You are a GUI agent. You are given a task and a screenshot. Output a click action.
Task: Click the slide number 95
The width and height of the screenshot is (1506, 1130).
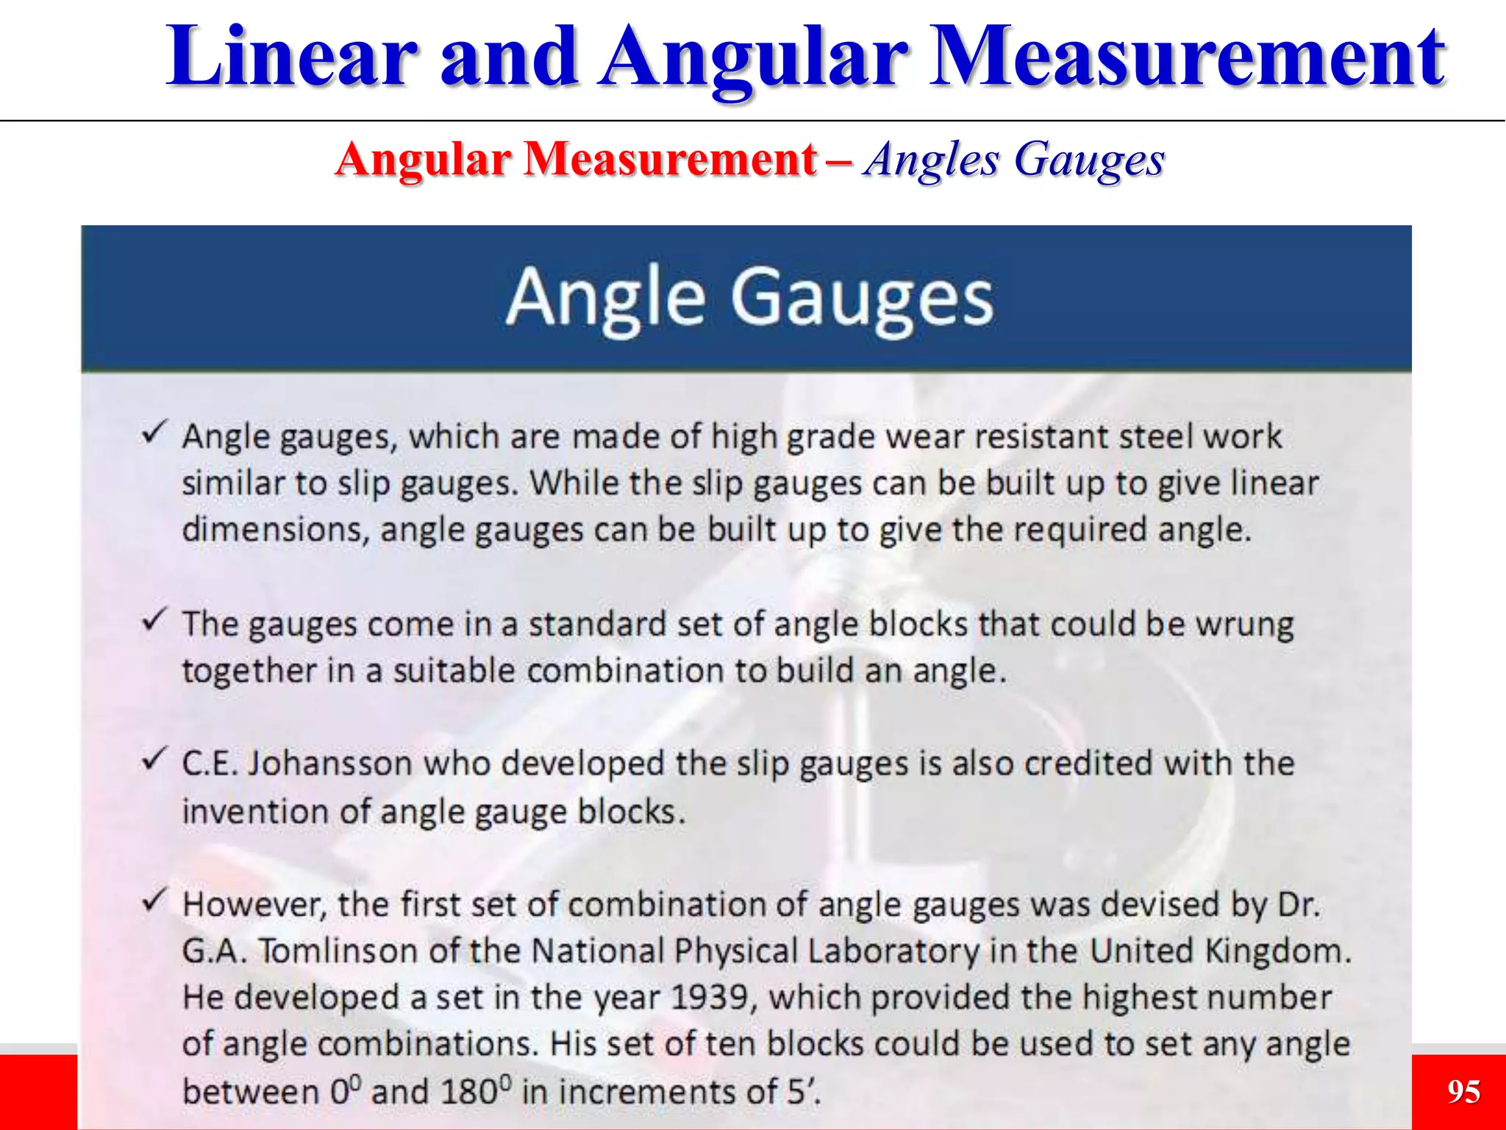1463,1091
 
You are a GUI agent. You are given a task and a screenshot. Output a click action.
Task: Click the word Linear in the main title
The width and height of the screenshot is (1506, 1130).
291,57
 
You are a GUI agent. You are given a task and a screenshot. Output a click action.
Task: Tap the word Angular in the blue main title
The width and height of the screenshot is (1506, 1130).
754,57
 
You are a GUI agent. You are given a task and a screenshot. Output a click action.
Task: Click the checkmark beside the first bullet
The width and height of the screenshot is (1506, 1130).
155,433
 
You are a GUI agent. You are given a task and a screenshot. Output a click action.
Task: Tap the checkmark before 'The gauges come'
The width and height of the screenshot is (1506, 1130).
155,619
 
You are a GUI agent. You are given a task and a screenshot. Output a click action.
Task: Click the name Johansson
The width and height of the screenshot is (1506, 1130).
329,764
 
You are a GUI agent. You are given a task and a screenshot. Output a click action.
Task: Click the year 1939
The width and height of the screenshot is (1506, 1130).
709,998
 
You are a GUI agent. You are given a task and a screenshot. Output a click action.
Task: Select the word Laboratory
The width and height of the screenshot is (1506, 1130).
893,951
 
